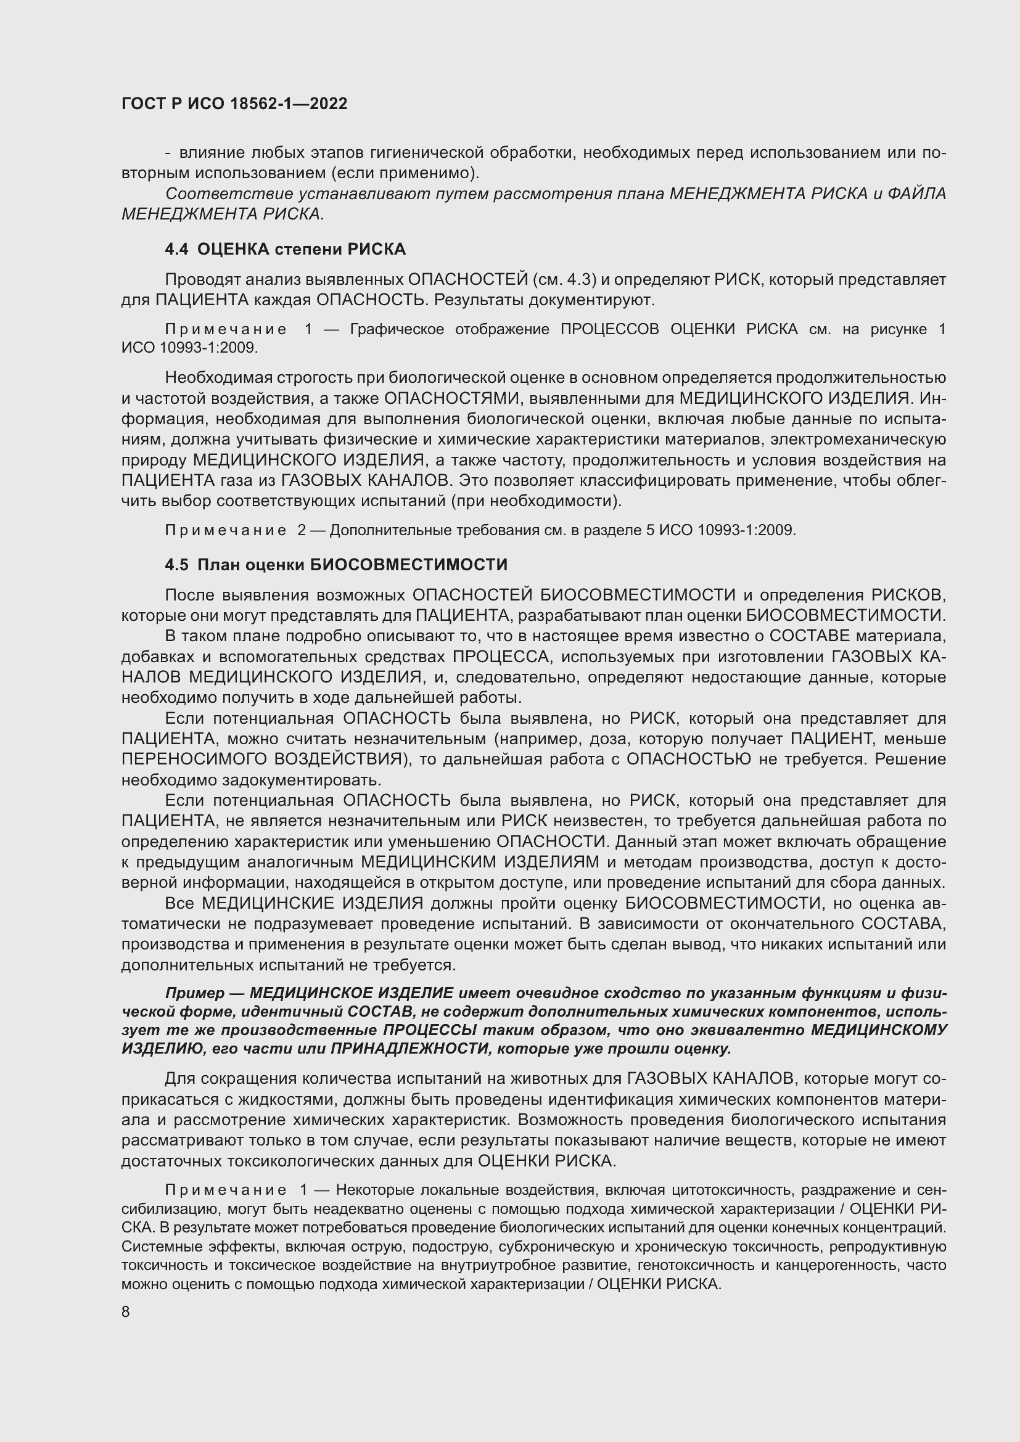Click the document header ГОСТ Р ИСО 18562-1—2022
[x=234, y=104]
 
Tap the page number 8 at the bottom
[x=126, y=1312]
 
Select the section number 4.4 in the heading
[x=176, y=249]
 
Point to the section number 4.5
[x=176, y=565]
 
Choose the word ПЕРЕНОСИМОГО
[x=194, y=760]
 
